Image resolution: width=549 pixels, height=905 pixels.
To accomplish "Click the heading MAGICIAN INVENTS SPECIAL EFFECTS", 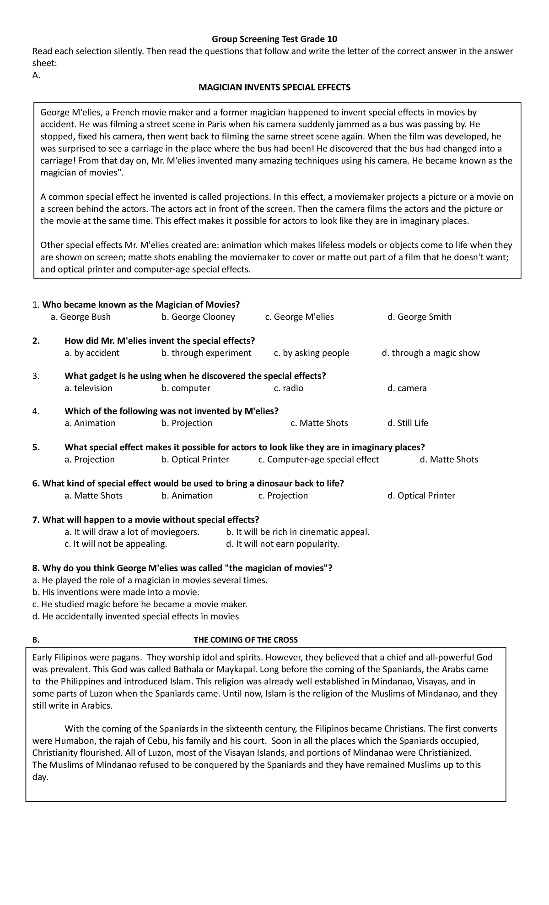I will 274,87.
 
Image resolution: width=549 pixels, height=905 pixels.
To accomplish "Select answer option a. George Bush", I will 81,317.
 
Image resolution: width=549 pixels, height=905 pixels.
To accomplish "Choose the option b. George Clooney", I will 198,317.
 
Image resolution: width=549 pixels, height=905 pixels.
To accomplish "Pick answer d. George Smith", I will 419,317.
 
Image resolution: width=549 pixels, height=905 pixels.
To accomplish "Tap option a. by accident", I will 92,353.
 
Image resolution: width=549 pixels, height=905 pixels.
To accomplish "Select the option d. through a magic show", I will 431,353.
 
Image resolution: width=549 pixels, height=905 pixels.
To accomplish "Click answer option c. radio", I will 288,388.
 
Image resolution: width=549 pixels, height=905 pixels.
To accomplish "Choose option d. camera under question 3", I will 407,388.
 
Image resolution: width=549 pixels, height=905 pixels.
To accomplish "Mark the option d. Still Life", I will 408,423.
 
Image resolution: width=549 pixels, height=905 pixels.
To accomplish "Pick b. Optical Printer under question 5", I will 195,459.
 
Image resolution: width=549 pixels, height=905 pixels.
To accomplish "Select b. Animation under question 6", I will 187,496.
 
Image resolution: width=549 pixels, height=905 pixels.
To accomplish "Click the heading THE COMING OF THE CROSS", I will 246,640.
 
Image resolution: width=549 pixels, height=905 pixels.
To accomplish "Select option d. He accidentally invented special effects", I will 135,616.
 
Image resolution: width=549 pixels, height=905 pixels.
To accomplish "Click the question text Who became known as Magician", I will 141,305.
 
